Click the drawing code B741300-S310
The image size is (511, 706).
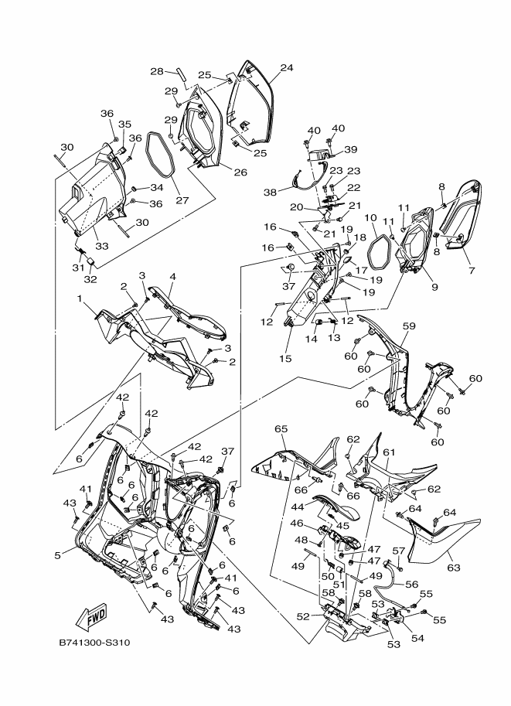[x=94, y=642]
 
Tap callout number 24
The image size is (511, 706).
[x=287, y=68]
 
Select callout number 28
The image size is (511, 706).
[x=157, y=71]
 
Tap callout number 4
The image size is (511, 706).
[x=172, y=277]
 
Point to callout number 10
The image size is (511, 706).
[x=370, y=219]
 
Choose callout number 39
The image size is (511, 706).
[x=350, y=149]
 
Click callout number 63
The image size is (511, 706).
[x=453, y=568]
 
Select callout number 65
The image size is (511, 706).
[x=281, y=428]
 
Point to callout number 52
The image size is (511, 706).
[x=303, y=616]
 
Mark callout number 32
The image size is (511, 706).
[x=90, y=279]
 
